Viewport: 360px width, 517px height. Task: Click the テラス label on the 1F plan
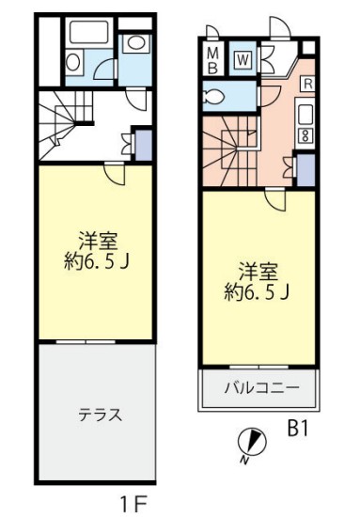96,415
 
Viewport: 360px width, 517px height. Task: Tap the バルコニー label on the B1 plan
260,387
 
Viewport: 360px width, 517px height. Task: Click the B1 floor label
298,430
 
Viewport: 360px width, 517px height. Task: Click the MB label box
212,59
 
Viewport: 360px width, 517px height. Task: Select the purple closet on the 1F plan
142,142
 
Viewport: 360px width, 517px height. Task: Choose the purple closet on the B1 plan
305,168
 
